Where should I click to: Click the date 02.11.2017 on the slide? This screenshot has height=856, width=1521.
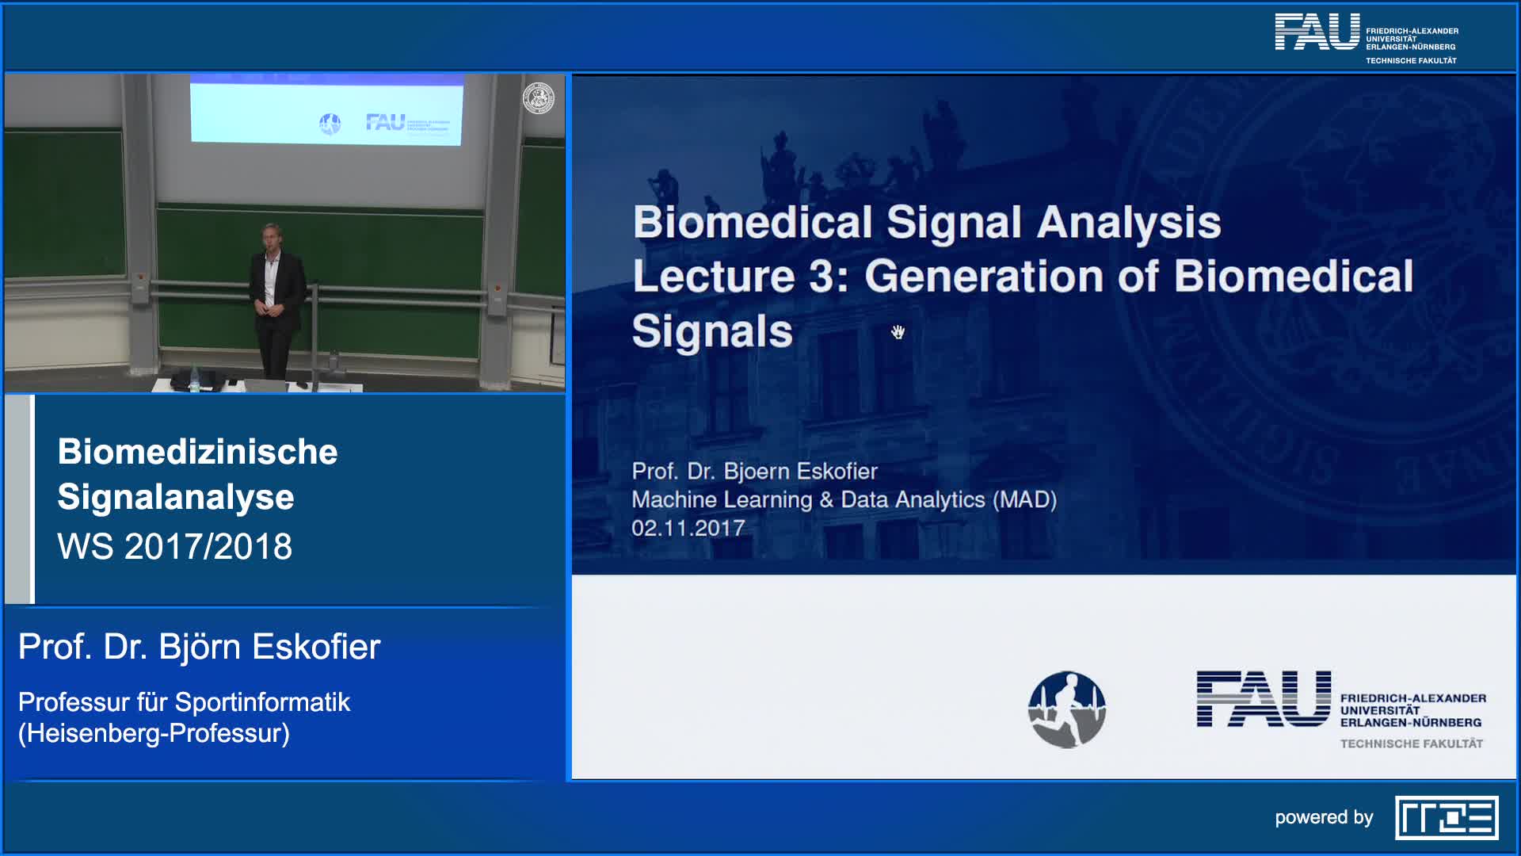pyautogui.click(x=688, y=528)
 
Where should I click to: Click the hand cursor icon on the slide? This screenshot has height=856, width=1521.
pyautogui.click(x=898, y=332)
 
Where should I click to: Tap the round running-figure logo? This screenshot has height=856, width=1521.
pyautogui.click(x=1066, y=709)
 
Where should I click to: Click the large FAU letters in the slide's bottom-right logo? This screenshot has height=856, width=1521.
pyautogui.click(x=1264, y=698)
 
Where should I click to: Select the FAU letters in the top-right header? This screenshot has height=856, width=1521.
pyautogui.click(x=1317, y=32)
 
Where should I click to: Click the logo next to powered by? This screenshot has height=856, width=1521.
pyautogui.click(x=1447, y=817)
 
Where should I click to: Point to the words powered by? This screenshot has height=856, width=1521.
pyautogui.click(x=1324, y=818)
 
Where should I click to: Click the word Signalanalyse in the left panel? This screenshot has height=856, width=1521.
pyautogui.click(x=176, y=498)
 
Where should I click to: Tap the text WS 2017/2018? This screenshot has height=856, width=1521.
pyautogui.click(x=175, y=546)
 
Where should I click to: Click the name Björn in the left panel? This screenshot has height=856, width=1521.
pyautogui.click(x=200, y=646)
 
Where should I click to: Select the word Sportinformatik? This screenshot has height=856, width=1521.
pyautogui.click(x=262, y=702)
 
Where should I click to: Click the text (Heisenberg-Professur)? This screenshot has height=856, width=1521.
pyautogui.click(x=154, y=733)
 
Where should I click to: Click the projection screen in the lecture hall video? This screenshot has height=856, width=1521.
pyautogui.click(x=326, y=111)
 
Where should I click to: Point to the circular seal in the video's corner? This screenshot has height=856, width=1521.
pyautogui.click(x=539, y=98)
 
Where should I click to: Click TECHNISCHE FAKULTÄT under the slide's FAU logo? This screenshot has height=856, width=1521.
pyautogui.click(x=1412, y=743)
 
